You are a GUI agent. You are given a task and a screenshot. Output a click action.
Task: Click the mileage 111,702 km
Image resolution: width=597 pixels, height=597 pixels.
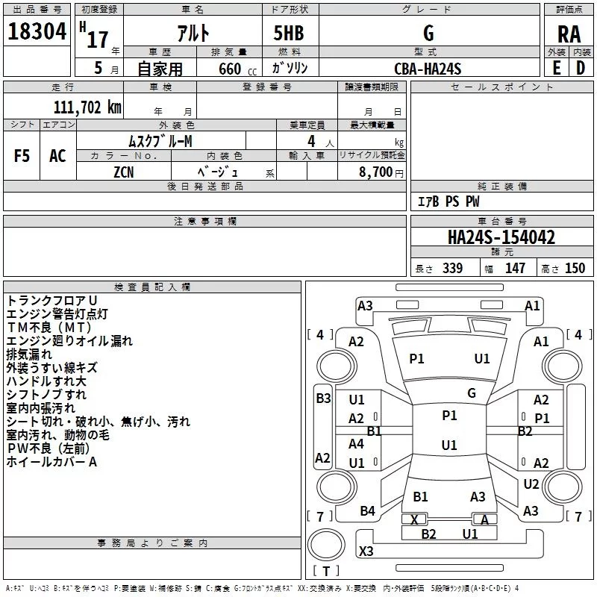tap(87, 107)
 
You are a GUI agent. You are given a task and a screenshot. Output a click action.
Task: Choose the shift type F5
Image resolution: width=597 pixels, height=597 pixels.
tap(22, 156)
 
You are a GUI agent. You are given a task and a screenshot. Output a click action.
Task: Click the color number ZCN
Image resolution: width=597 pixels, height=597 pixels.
tap(125, 171)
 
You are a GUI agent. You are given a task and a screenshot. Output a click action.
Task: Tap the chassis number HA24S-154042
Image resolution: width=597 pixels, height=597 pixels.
tap(501, 237)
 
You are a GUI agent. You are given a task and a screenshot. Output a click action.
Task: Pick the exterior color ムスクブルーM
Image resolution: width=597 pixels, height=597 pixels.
tap(161, 140)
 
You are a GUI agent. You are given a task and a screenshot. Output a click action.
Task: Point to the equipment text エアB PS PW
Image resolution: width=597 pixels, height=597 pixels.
tap(448, 202)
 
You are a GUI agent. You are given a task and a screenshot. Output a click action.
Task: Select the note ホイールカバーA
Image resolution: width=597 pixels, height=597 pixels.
tap(52, 462)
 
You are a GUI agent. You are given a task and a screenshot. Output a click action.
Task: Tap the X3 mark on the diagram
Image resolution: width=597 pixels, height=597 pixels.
tap(366, 551)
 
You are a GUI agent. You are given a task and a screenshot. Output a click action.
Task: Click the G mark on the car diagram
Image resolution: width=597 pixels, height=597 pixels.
tap(471, 393)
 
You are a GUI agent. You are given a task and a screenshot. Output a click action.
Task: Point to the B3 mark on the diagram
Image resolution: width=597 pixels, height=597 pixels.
tap(322, 398)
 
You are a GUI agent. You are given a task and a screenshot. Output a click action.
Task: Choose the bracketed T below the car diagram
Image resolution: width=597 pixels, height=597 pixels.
tap(326, 572)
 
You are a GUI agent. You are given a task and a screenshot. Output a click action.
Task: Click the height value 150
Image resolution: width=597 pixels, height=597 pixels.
tap(575, 269)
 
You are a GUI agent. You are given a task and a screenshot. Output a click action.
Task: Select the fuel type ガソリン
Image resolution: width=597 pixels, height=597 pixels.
tap(290, 69)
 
